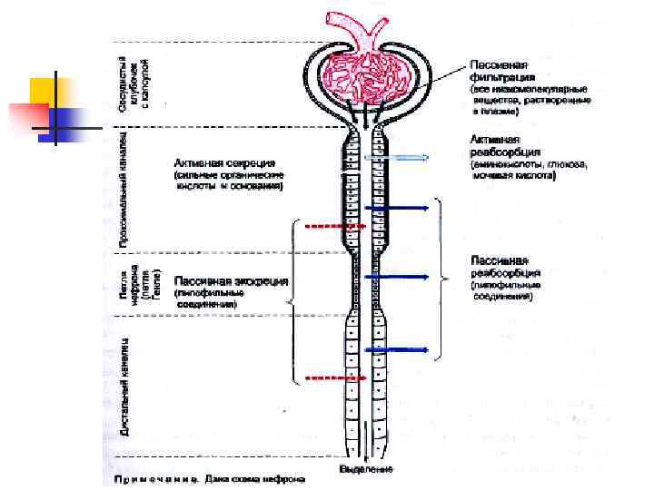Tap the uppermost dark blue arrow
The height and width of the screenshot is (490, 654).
pyautogui.click(x=397, y=208)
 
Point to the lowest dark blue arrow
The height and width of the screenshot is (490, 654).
pyautogui.click(x=397, y=348)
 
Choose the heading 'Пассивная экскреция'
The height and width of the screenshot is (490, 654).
pyautogui.click(x=231, y=281)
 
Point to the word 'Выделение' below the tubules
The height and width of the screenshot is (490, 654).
pyautogui.click(x=366, y=469)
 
